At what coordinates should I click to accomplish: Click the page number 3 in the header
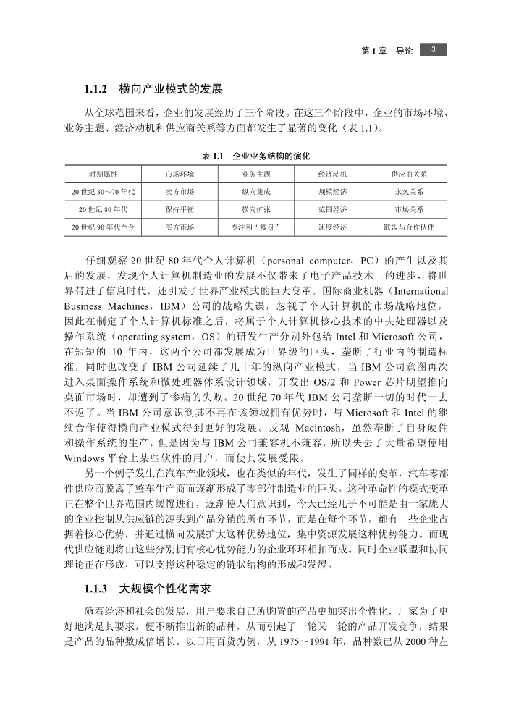432,49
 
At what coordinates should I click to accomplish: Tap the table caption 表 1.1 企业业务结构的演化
255,156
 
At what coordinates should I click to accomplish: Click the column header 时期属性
104,174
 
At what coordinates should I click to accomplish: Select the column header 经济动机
332,174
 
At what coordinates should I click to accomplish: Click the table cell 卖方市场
180,192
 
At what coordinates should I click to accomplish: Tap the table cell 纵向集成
255,192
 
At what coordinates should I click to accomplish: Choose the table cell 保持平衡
180,209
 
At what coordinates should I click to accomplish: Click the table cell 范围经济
332,209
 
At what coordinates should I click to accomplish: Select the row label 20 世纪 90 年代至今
104,227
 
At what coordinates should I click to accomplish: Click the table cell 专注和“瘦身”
255,227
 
